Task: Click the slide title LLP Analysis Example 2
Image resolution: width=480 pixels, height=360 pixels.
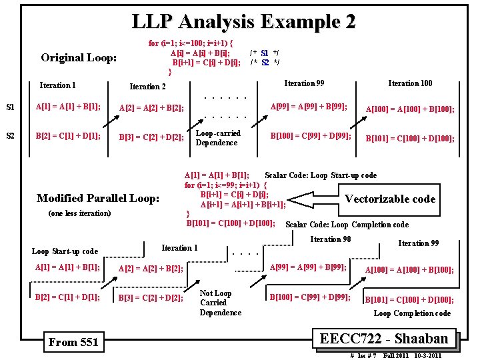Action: click(x=243, y=21)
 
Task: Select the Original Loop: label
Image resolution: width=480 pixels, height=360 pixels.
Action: click(x=79, y=57)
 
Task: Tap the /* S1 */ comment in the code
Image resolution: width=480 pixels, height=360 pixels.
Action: click(x=265, y=53)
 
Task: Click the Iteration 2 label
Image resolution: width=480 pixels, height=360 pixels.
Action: click(x=147, y=87)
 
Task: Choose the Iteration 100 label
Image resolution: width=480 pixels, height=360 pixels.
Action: click(x=410, y=83)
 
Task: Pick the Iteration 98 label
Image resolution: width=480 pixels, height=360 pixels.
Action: click(x=331, y=239)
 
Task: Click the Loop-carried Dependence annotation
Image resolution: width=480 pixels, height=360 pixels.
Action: click(x=217, y=138)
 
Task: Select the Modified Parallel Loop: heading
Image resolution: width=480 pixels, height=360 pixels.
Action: click(x=98, y=198)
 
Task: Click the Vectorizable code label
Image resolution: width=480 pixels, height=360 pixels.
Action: click(x=390, y=199)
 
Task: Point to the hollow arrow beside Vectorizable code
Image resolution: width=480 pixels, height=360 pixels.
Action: click(x=313, y=199)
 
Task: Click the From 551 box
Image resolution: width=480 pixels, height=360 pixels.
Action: click(x=73, y=342)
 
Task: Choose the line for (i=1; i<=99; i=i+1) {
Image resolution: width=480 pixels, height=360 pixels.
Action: click(x=226, y=185)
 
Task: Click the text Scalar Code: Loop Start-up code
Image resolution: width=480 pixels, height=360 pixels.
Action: click(x=321, y=175)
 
